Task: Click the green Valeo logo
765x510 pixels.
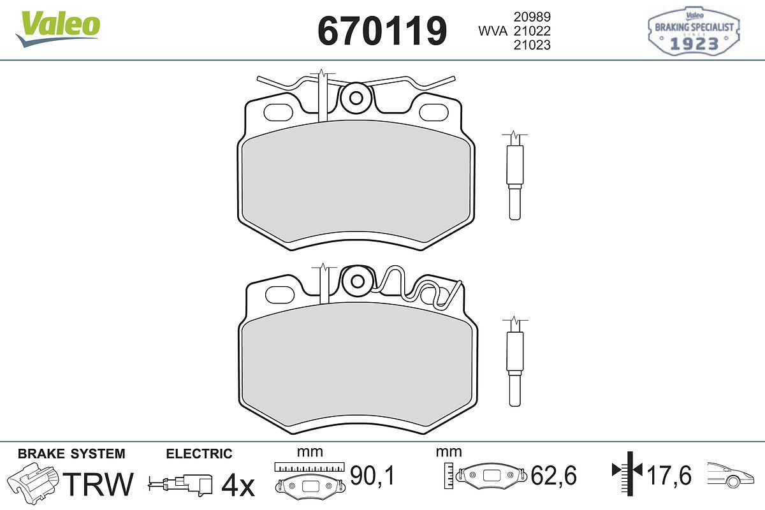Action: (58, 29)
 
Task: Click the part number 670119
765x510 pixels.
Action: (382, 31)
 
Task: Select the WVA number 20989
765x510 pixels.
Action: (532, 17)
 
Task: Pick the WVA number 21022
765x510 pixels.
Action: (532, 31)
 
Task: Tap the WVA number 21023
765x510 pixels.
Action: (532, 45)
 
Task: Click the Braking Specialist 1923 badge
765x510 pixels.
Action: (694, 31)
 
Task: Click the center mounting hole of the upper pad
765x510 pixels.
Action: (356, 98)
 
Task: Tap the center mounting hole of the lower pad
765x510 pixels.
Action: (358, 282)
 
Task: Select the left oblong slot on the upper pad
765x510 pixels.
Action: (279, 112)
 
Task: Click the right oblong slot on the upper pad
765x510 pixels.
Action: (433, 113)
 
